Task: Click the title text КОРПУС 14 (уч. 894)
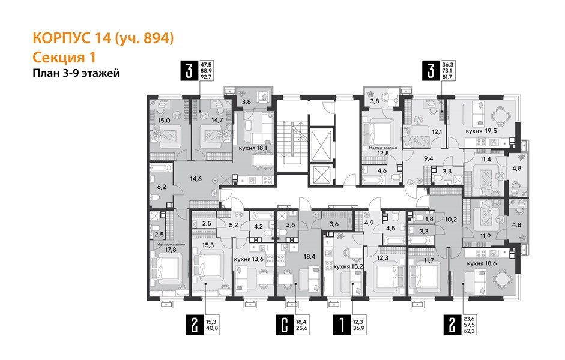pyautogui.click(x=103, y=39)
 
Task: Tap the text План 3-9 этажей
pyautogui.click(x=76, y=74)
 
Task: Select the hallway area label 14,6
pyautogui.click(x=196, y=178)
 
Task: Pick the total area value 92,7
pyautogui.click(x=206, y=77)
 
